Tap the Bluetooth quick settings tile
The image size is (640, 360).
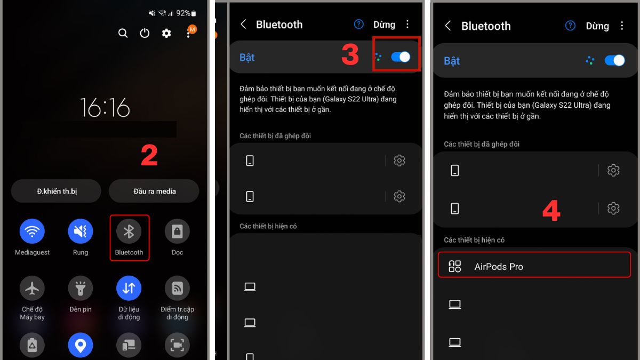(x=129, y=231)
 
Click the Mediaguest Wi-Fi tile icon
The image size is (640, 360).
(x=32, y=231)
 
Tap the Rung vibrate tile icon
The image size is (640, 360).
(x=81, y=231)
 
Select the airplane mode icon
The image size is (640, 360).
(x=32, y=289)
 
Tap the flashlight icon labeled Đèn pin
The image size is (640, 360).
(x=81, y=289)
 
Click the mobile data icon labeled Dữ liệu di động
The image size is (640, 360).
(x=129, y=289)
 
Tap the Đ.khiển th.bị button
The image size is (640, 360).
(x=57, y=191)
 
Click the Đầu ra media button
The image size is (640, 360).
(x=154, y=191)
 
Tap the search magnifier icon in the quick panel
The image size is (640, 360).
(x=123, y=33)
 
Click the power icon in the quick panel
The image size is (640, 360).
(x=145, y=33)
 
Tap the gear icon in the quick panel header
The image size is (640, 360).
(x=166, y=33)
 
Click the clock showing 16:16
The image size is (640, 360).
(x=105, y=108)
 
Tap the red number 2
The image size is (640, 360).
(x=149, y=156)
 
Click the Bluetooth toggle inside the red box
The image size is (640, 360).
(x=401, y=57)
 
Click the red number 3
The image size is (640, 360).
(x=350, y=55)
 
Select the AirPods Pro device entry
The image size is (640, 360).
(x=534, y=266)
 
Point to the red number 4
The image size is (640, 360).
(x=551, y=211)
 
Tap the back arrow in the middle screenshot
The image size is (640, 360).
(x=243, y=25)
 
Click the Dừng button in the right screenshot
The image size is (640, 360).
(x=597, y=26)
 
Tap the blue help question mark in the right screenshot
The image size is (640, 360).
(x=570, y=26)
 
